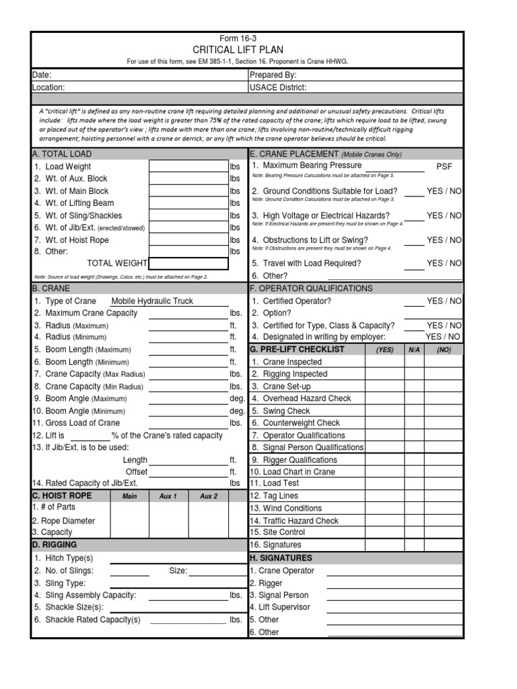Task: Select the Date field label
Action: tap(42, 75)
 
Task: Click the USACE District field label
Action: tap(278, 87)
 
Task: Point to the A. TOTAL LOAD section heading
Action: tap(63, 154)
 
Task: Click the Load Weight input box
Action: tap(188, 166)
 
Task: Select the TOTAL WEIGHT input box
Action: tap(188, 263)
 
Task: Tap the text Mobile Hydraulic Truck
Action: tap(152, 301)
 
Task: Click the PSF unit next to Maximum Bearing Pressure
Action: tap(445, 166)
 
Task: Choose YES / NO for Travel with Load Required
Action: tap(444, 263)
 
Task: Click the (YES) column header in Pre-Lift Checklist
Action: tap(384, 350)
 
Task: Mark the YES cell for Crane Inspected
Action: tap(384, 362)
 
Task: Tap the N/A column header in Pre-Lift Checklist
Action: tap(413, 350)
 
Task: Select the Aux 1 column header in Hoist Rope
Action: tap(168, 497)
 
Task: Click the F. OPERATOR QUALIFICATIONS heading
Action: tap(311, 288)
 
